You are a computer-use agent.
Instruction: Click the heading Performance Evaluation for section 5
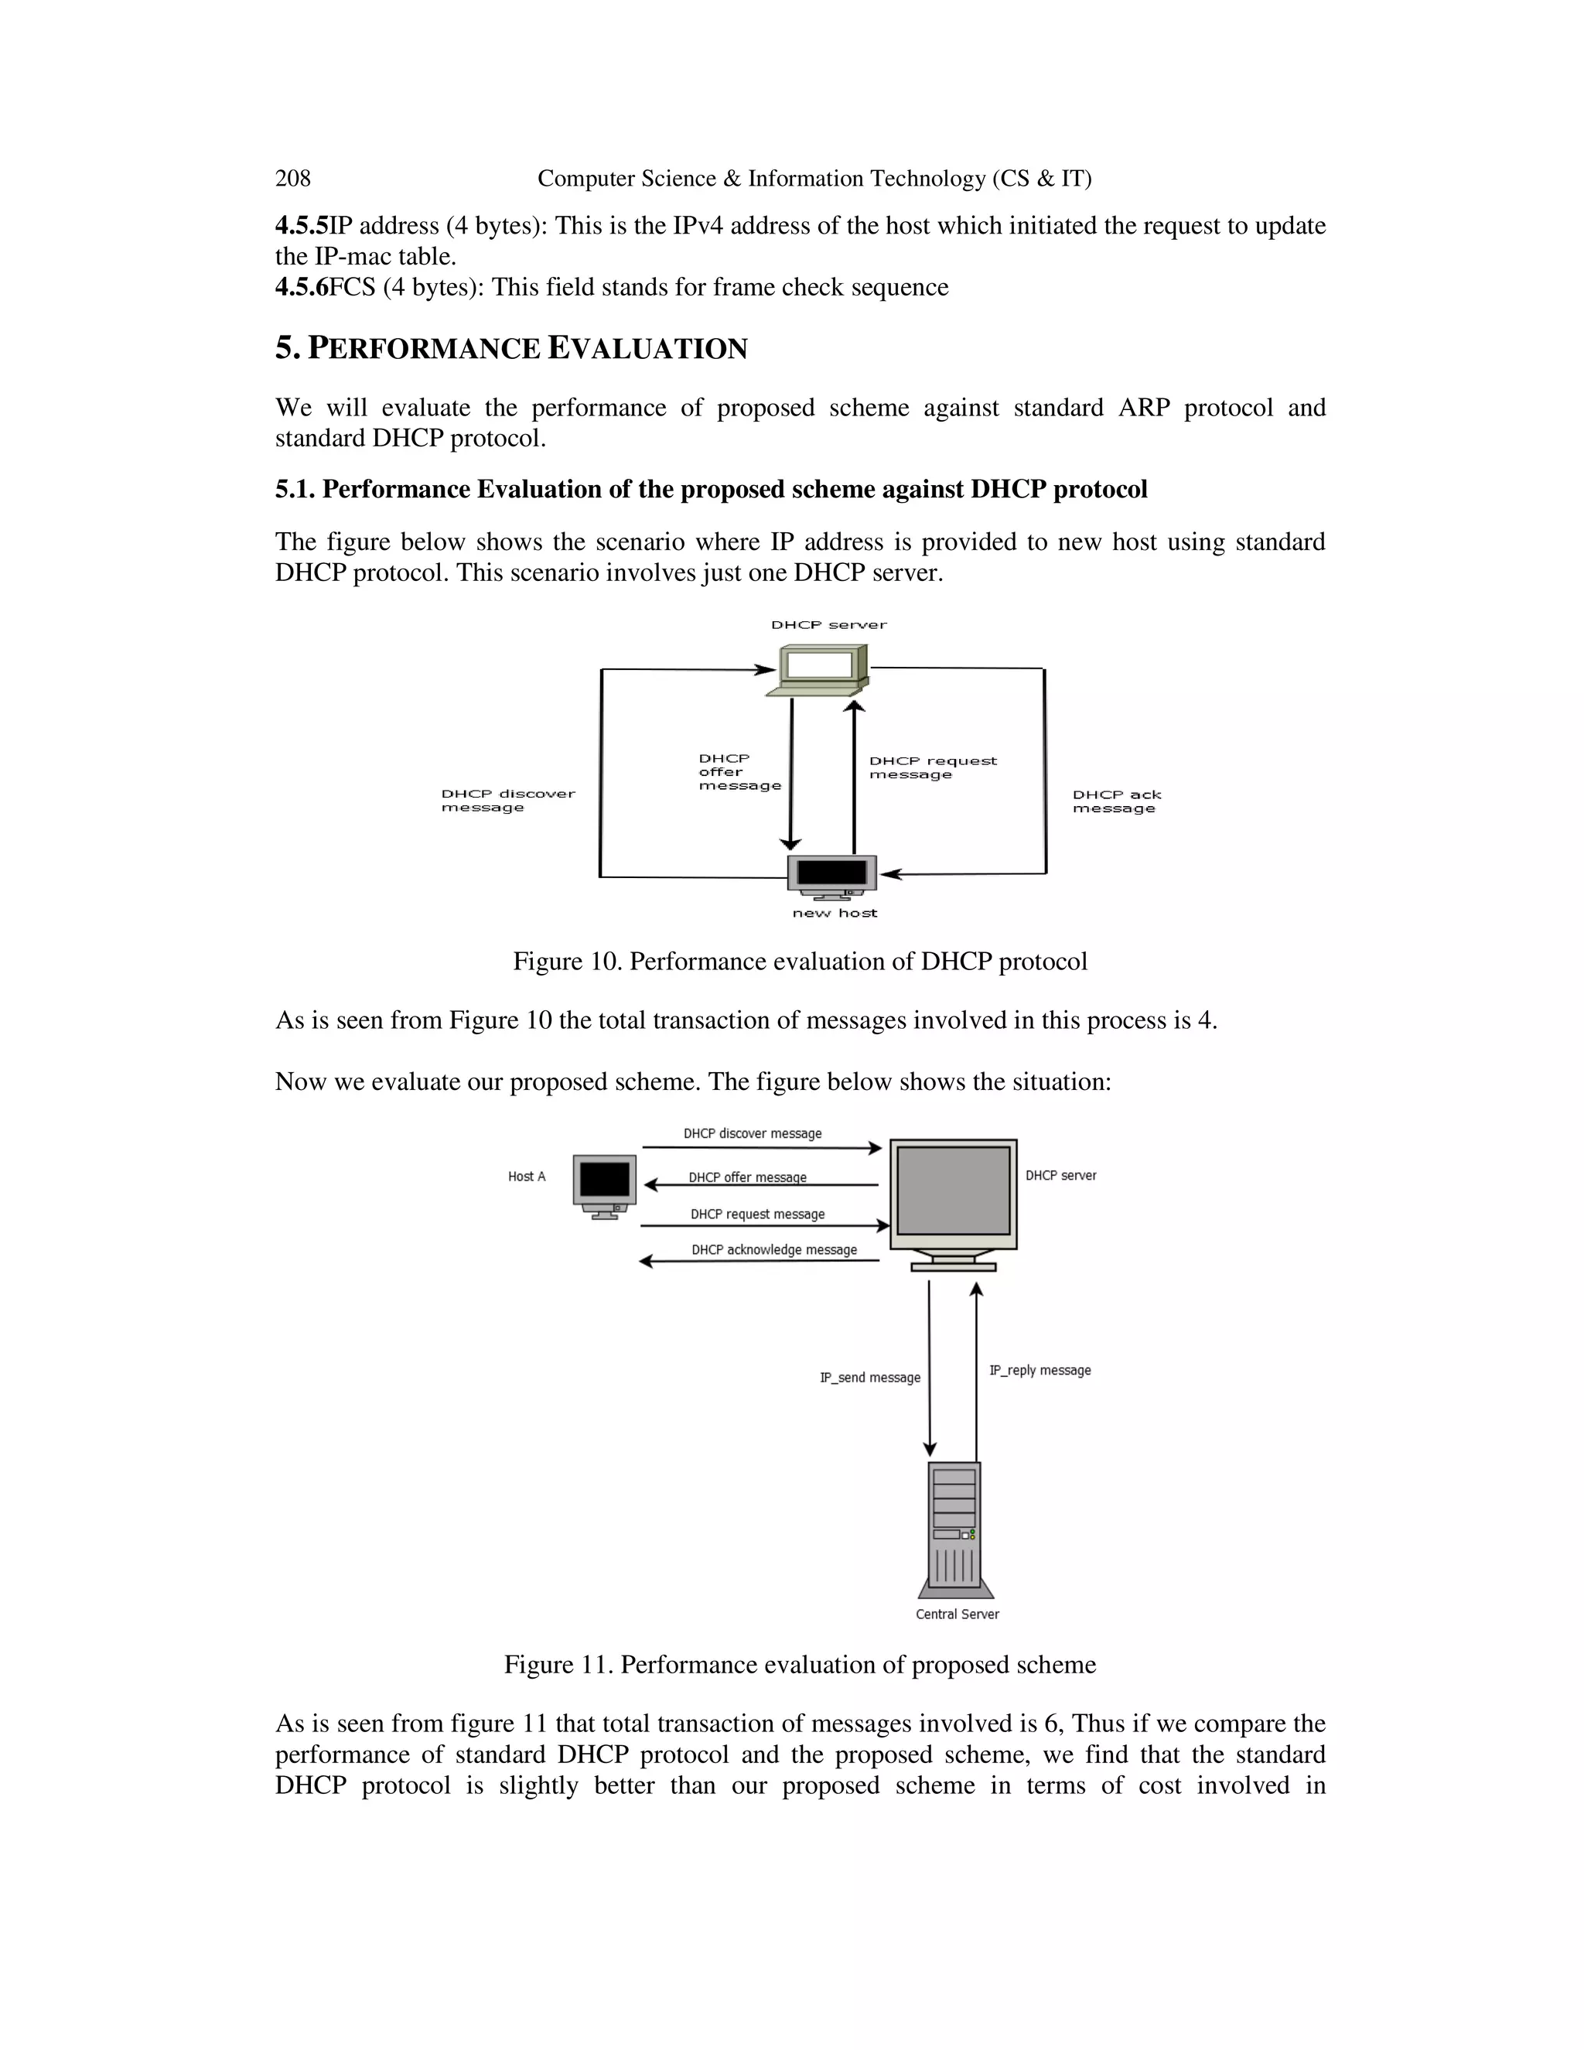click(x=511, y=348)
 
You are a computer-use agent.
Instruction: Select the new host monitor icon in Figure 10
click(x=832, y=875)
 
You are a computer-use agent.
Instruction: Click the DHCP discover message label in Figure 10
click(x=507, y=800)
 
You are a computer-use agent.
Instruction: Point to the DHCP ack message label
click(x=1117, y=801)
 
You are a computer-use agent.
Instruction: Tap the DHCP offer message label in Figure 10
click(x=739, y=771)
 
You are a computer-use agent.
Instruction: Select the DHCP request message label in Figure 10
click(x=932, y=767)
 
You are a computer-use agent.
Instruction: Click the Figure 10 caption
click(x=800, y=961)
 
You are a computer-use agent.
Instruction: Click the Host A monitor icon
click(x=604, y=1185)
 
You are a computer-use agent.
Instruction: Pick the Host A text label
click(x=527, y=1176)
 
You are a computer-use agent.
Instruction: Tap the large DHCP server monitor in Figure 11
click(x=954, y=1202)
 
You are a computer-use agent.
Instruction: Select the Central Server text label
click(x=958, y=1614)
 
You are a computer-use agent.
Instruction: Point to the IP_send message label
click(x=870, y=1377)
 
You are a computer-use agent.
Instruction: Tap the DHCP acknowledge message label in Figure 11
click(x=774, y=1249)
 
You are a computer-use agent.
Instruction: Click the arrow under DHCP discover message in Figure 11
click(x=761, y=1147)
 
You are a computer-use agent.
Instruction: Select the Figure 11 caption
click(x=800, y=1664)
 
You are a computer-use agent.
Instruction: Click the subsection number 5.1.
click(x=295, y=489)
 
